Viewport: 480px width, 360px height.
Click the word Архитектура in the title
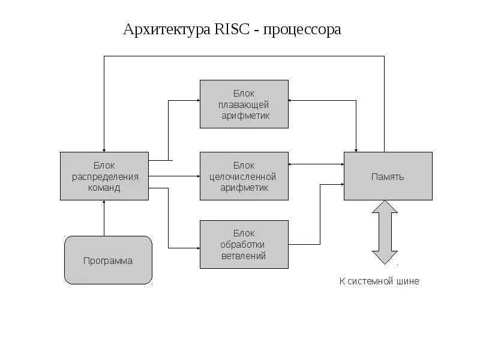coord(166,29)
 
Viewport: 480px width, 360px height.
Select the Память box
coord(388,176)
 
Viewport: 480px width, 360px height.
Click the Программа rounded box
coord(108,260)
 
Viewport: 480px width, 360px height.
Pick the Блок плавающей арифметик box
coord(244,104)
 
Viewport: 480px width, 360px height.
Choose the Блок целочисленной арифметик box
coord(244,176)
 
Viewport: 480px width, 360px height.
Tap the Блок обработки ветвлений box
coord(244,244)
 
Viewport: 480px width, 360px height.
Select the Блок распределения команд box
coord(104,176)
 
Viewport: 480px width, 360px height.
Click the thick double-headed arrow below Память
coord(385,232)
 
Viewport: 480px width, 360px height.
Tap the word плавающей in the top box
coord(244,104)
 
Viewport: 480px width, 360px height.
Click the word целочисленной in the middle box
coord(244,176)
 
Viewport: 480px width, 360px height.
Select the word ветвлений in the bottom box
coord(244,256)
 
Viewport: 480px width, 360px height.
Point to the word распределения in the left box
coord(105,176)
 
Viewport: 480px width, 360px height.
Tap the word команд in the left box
coord(104,187)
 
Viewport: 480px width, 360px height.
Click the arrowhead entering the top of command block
coord(104,149)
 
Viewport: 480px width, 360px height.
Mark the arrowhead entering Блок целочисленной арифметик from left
coord(197,176)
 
